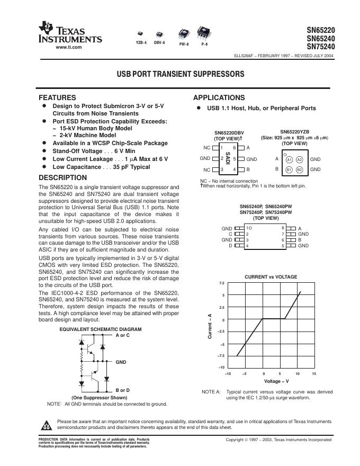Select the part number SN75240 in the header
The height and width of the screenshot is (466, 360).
click(320, 46)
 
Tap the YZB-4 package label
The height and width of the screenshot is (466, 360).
click(141, 42)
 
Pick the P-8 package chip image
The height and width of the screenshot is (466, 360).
click(204, 31)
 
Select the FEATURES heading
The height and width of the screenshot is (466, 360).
click(58, 98)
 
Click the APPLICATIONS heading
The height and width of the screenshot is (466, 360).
click(219, 98)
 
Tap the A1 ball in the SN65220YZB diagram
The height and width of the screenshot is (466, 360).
click(289, 159)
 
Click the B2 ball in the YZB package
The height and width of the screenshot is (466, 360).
click(299, 169)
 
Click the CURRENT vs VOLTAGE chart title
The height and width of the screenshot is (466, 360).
click(271, 277)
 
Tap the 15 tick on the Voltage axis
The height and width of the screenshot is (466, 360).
click(314, 374)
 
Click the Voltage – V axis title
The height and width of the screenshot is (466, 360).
click(276, 381)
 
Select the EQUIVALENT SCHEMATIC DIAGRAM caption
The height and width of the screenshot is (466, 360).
click(100, 329)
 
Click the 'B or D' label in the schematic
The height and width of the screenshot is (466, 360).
click(122, 390)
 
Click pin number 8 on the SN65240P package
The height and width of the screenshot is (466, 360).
click(283, 228)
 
